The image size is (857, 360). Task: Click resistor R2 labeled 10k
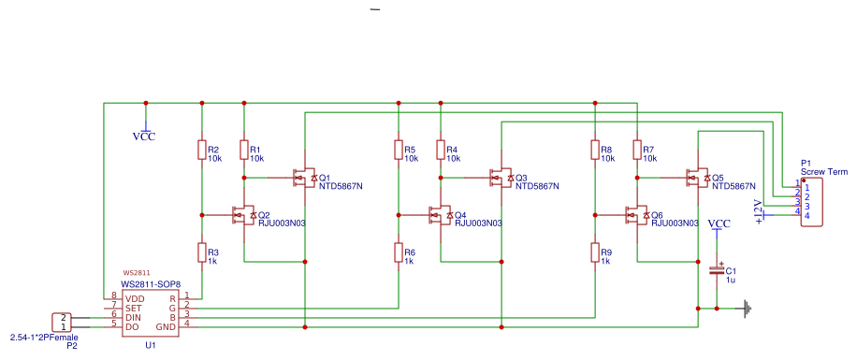(201, 150)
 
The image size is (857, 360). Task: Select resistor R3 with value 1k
(201, 252)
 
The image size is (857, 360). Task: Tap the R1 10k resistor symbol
(244, 150)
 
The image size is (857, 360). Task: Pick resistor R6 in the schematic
(398, 252)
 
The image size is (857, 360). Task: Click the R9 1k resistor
(594, 252)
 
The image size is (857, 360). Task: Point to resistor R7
(637, 150)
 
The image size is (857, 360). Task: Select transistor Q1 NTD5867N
(304, 177)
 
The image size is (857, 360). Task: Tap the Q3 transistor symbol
(501, 177)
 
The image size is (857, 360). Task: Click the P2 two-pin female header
(60, 322)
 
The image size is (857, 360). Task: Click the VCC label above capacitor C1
(719, 223)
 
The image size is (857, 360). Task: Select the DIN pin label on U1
(134, 316)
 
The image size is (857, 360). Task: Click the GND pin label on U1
(166, 326)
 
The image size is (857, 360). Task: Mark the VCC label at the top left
(144, 136)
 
